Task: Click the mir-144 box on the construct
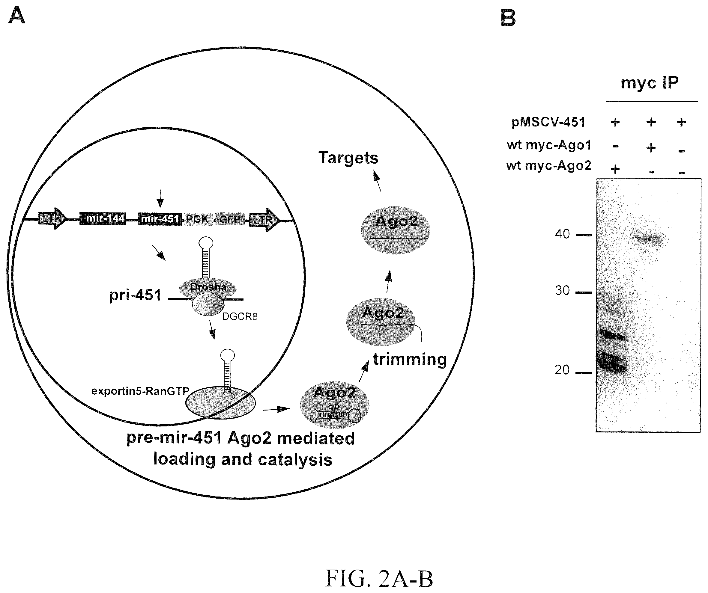coord(103,219)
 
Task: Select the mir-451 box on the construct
coord(160,219)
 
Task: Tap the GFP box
coord(230,219)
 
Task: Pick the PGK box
coord(197,219)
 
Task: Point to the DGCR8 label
coord(240,317)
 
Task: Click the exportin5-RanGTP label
coord(140,391)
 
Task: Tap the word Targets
coord(348,158)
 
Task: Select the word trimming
coord(410,360)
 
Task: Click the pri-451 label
coord(135,295)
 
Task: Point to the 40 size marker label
coord(562,234)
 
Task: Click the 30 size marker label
coord(562,290)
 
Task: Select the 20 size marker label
coord(562,370)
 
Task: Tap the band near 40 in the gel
coord(649,239)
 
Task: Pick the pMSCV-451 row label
coord(548,122)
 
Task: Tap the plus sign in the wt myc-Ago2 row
coord(615,168)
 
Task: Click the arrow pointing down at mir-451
coord(160,198)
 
